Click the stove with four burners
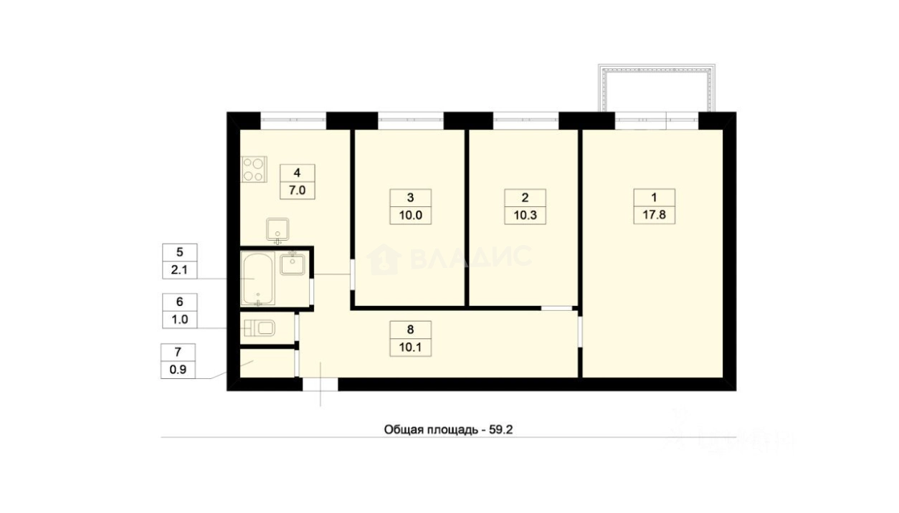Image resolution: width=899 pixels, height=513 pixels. pyautogui.click(x=254, y=169)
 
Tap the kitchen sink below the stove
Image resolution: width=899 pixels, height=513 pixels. pyautogui.click(x=277, y=230)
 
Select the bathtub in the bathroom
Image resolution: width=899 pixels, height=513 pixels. pyautogui.click(x=258, y=278)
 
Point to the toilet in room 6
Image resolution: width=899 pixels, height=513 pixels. pyautogui.click(x=260, y=329)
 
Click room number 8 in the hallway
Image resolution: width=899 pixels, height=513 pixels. pyautogui.click(x=411, y=330)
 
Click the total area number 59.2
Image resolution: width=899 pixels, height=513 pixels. pyautogui.click(x=501, y=430)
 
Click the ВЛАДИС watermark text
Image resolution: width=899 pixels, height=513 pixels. pyautogui.click(x=470, y=257)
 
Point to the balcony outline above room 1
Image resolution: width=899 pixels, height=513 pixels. pyautogui.click(x=657, y=70)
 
